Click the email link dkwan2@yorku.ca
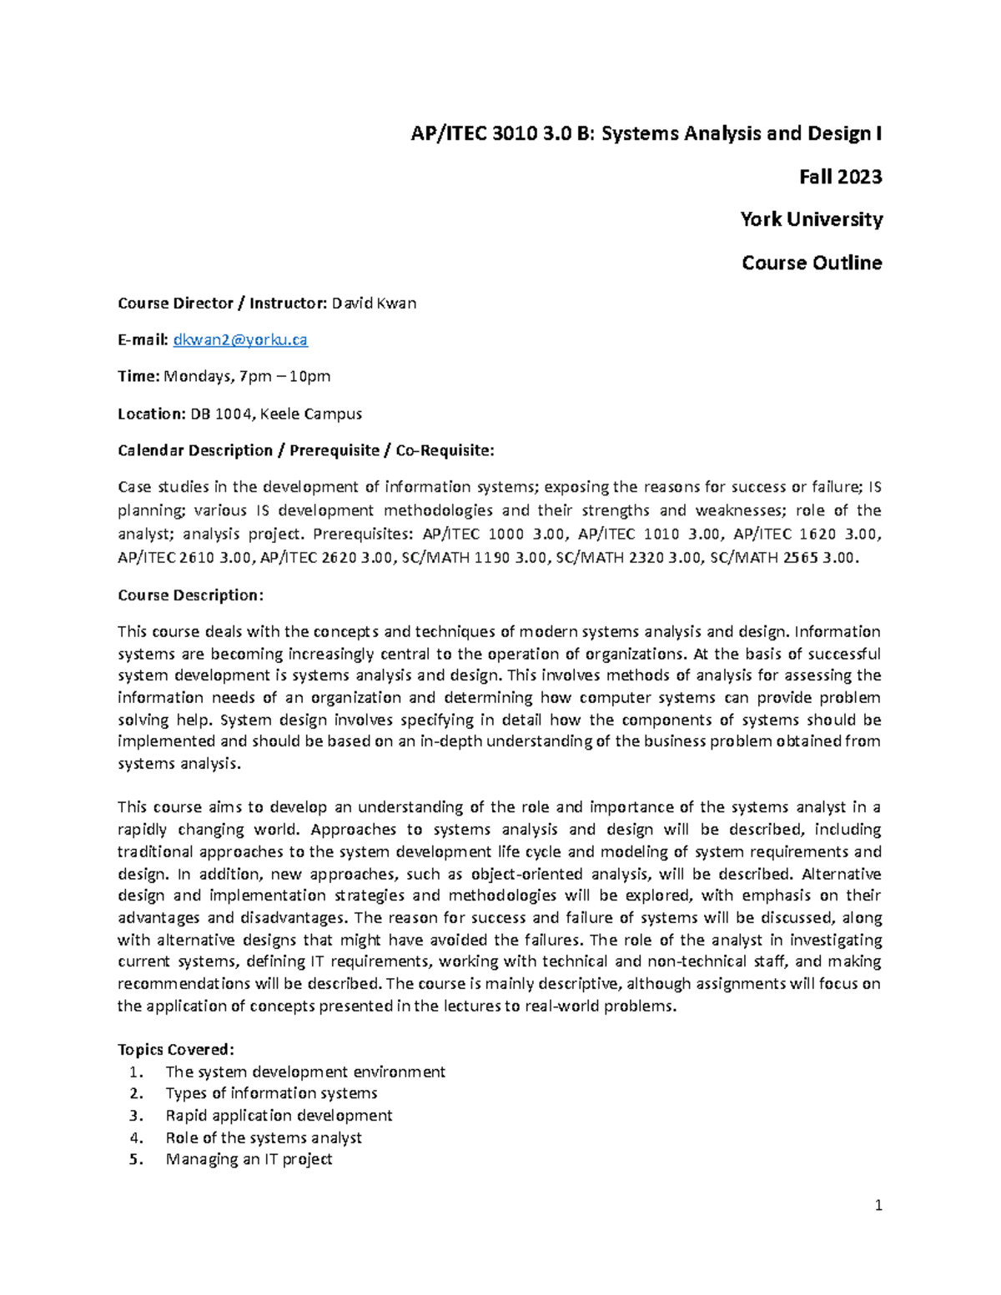[x=239, y=339]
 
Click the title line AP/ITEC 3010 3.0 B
[x=646, y=133]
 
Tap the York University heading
[x=811, y=219]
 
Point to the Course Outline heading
[x=811, y=263]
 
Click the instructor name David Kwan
[x=374, y=303]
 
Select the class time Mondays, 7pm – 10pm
[x=247, y=376]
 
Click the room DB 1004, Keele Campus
[x=276, y=414]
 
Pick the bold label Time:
[x=138, y=376]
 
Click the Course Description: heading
[x=190, y=595]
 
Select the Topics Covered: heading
[x=176, y=1049]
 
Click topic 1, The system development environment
[x=304, y=1072]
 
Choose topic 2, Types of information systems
[x=271, y=1093]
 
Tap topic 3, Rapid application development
[x=279, y=1116]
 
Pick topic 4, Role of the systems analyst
[x=264, y=1137]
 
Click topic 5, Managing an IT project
[x=249, y=1159]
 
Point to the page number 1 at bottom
[x=878, y=1205]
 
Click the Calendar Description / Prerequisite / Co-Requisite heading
[x=305, y=450]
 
